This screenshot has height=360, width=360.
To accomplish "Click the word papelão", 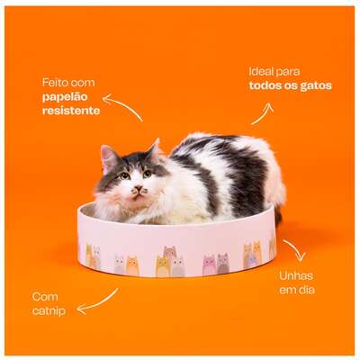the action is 65,97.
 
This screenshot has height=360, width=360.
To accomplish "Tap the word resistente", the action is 71,111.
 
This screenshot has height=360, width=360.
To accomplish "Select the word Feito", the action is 54,83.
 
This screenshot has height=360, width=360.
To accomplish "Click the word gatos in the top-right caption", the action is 316,86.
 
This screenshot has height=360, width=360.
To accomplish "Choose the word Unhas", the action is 292,275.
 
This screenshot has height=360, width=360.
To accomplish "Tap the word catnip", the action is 49,311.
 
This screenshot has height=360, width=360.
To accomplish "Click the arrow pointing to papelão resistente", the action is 122,106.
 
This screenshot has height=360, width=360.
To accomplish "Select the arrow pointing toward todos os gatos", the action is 263,113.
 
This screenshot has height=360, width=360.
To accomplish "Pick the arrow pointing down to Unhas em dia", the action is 295,250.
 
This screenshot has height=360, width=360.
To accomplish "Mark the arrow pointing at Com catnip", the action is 98,302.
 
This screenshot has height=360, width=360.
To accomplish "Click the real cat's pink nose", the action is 139,189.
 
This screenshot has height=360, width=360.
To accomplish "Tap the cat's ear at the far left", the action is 109,158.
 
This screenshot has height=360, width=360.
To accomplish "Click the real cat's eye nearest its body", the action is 148,173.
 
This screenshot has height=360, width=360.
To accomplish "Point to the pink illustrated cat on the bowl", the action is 209,265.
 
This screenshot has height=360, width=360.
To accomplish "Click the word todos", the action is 265,85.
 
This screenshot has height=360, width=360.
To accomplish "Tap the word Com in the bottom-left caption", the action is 45,297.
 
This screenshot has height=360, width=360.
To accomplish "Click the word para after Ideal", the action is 288,72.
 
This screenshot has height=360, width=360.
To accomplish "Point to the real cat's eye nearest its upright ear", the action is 124,175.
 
